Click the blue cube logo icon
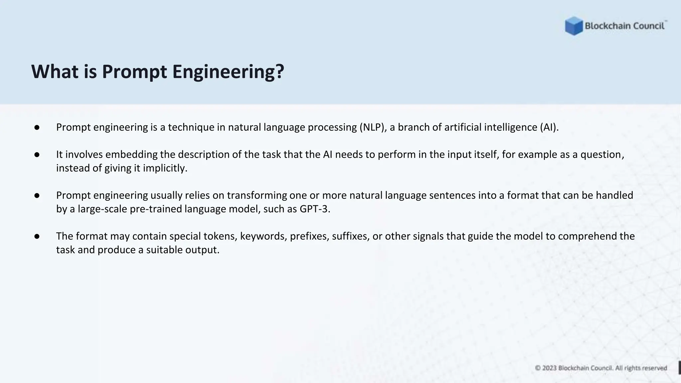[x=574, y=26]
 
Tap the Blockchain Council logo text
[x=624, y=26]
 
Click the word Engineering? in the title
[x=228, y=71]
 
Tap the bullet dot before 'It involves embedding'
[x=37, y=155]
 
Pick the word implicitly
[x=165, y=168]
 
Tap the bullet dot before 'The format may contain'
[x=37, y=236]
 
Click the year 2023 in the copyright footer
[x=549, y=368]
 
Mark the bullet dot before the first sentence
[x=37, y=127]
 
